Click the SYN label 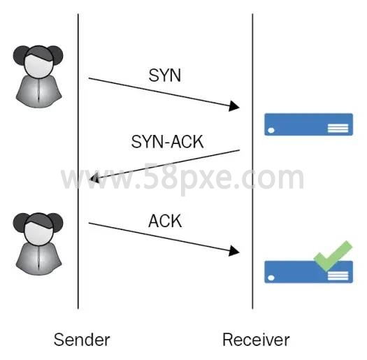pos(165,75)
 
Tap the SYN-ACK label pos(167,142)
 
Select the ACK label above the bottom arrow pos(165,221)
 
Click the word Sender pos(82,340)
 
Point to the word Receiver pos(256,340)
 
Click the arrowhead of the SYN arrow pos(234,106)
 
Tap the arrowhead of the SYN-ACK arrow pos(95,179)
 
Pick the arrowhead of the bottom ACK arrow pos(234,251)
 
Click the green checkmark pos(332,256)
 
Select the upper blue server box pos(308,124)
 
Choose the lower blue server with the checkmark pos(308,272)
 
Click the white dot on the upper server pos(271,131)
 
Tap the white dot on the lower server pos(271,278)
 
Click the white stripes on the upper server pos(338,129)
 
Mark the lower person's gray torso pos(38,258)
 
